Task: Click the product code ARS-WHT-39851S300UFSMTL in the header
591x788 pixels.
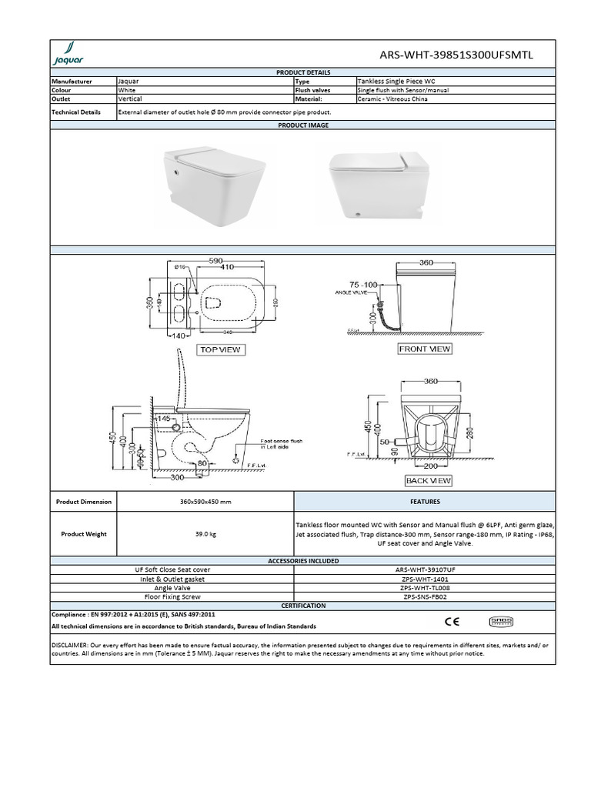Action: pos(456,55)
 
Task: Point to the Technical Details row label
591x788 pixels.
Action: pos(76,112)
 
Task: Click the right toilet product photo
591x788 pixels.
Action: pos(379,184)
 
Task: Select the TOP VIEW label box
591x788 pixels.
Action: pos(220,350)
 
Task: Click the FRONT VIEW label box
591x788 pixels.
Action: pos(425,349)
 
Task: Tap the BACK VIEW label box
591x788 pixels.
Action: pos(429,481)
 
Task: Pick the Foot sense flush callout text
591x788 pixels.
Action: pos(282,443)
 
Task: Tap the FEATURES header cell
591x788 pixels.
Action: pos(424,502)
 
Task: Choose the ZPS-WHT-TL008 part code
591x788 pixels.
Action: pos(424,588)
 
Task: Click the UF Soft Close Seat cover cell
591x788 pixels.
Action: pos(172,569)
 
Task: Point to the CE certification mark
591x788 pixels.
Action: pos(452,620)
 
